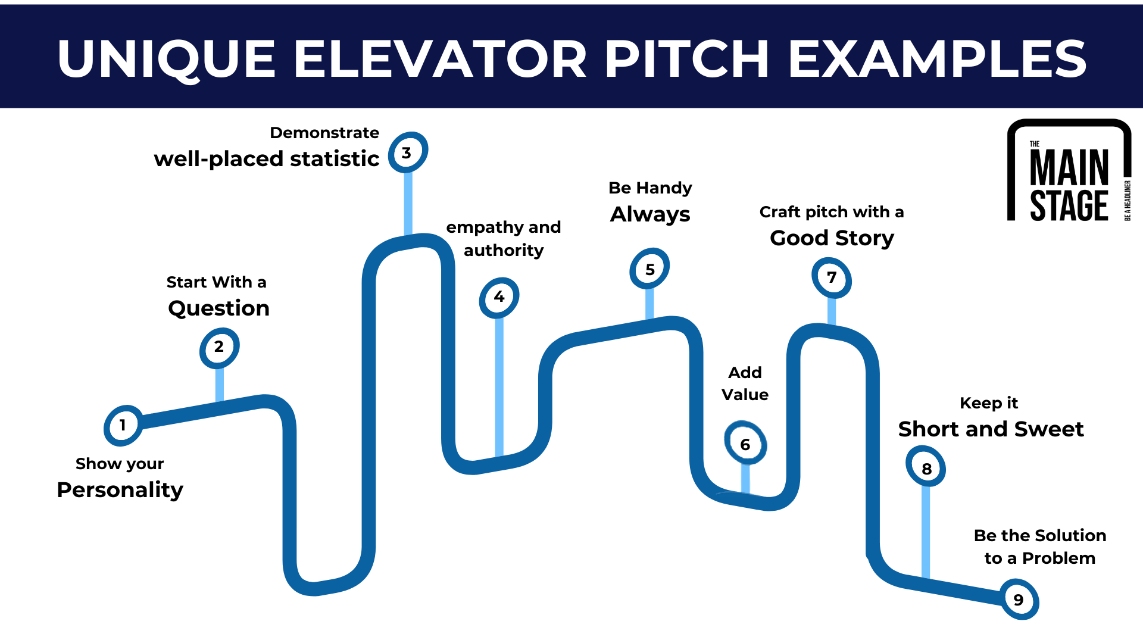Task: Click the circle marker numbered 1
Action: click(x=123, y=426)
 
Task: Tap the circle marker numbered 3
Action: click(x=407, y=153)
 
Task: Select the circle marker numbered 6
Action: click(x=745, y=444)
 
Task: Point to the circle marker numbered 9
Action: click(x=1019, y=600)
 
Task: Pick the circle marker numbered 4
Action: click(x=499, y=296)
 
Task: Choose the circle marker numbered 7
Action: click(x=832, y=277)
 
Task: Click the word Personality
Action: click(x=120, y=489)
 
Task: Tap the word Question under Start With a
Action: click(x=218, y=308)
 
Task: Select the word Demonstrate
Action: click(x=324, y=133)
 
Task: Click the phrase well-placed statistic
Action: click(x=267, y=159)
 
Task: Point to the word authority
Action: click(x=504, y=250)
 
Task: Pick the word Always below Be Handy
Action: click(x=650, y=214)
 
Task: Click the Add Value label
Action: click(x=745, y=383)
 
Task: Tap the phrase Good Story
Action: click(x=832, y=238)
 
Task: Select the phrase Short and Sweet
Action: click(x=991, y=429)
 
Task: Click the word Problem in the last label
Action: click(x=1058, y=558)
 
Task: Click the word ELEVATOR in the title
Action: click(x=439, y=59)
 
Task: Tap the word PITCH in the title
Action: click(x=687, y=59)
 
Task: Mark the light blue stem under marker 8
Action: click(x=926, y=530)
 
